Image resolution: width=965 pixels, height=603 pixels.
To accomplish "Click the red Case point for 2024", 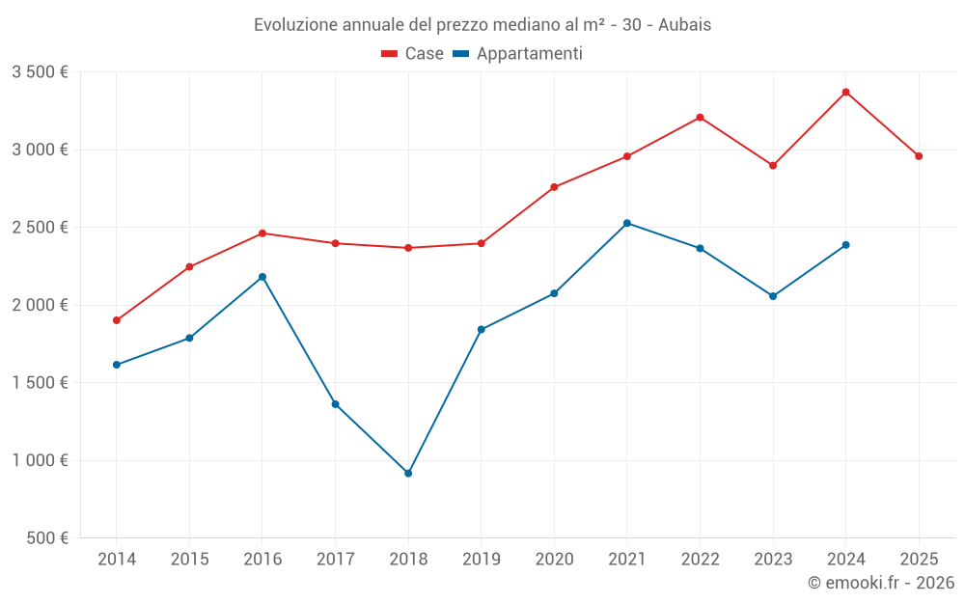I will click(846, 92).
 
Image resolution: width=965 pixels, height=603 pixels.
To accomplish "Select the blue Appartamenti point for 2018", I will click(408, 474).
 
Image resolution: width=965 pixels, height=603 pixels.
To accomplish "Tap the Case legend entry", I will click(412, 54).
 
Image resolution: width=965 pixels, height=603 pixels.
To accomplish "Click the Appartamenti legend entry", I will click(518, 54).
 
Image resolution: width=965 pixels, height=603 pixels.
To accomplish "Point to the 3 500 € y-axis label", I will click(40, 72).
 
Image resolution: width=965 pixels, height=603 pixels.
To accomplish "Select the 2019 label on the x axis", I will click(481, 559).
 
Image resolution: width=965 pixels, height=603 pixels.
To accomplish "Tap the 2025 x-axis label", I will click(919, 559).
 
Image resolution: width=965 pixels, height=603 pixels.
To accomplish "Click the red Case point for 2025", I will click(919, 156).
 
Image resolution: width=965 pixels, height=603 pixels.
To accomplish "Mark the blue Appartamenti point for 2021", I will click(627, 223).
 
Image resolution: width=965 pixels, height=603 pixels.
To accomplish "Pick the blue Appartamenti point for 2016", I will click(262, 277).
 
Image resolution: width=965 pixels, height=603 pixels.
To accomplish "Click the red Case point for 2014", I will click(116, 320).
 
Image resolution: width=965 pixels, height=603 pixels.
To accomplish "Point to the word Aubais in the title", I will click(686, 25).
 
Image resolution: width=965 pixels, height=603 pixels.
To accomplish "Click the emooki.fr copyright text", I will click(881, 583).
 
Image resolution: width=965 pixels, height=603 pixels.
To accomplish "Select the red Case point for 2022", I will click(700, 118).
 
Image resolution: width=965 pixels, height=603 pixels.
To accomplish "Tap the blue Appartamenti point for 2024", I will click(846, 245).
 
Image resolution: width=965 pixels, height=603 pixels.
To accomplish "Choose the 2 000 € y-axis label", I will click(40, 305).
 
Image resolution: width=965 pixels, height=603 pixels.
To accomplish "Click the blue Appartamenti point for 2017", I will click(335, 404).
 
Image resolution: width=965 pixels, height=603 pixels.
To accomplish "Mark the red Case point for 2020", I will click(554, 187).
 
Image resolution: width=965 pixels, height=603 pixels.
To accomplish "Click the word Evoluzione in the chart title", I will click(295, 25).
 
